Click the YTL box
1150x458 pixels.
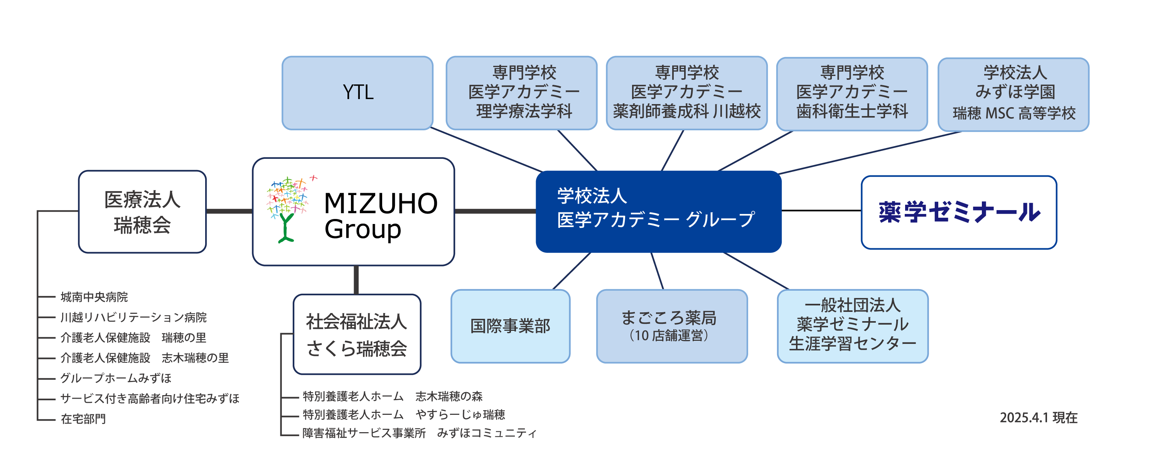[357, 93]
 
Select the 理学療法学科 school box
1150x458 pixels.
[521, 93]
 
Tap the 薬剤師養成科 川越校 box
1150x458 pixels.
[686, 93]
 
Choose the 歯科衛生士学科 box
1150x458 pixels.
[852, 94]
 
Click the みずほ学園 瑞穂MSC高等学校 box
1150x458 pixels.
[1013, 94]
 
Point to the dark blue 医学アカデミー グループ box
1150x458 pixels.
[658, 211]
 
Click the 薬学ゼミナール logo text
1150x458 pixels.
[959, 212]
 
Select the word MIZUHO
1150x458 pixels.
[380, 204]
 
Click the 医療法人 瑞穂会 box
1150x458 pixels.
[142, 212]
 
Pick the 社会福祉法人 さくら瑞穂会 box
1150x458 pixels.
[357, 334]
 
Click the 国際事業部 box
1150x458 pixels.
[510, 326]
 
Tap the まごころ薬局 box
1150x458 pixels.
[672, 326]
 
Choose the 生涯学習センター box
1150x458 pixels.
[853, 326]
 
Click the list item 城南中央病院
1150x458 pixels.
[94, 297]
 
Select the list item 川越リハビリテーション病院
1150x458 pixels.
[133, 317]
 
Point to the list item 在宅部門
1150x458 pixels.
[83, 419]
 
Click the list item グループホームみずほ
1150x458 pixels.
[116, 378]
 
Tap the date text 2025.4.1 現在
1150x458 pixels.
[1039, 418]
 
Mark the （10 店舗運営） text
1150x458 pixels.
[669, 335]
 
